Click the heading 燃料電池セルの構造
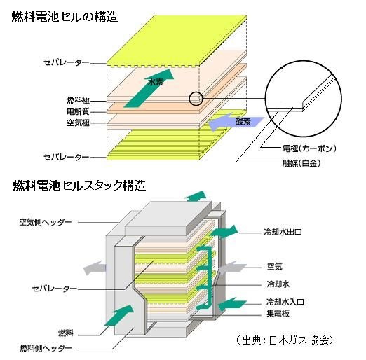pos(65,17)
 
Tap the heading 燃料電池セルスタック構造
pos(79,186)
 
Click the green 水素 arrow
pos(149,88)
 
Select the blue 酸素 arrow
pos(236,123)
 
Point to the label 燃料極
pos(79,100)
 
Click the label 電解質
pos(79,111)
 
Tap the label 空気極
pos(79,123)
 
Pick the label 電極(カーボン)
pos(309,148)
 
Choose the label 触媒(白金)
pos(301,163)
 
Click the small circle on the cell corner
pos(196,99)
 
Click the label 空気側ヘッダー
pos(46,222)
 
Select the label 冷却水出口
pos(283,232)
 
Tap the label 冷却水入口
pos(285,302)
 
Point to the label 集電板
pos(278,314)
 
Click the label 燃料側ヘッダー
pos(46,349)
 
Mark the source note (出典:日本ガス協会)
pos(284,340)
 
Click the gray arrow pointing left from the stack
pos(95,268)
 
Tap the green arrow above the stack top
pos(196,196)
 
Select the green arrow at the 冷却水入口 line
pos(232,304)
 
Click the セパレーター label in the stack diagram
pos(54,289)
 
